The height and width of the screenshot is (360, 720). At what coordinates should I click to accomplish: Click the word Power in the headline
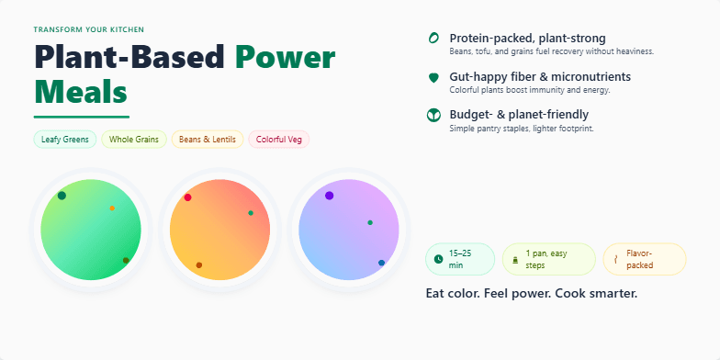coord(285,58)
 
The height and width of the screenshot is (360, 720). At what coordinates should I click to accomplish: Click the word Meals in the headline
coord(81,92)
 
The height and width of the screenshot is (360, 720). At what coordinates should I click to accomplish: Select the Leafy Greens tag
coord(65,140)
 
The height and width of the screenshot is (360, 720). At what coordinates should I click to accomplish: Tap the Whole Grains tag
coord(134,140)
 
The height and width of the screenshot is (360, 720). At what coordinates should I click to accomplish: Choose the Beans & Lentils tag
coord(208,140)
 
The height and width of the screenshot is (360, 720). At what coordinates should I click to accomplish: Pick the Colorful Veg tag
coord(279,140)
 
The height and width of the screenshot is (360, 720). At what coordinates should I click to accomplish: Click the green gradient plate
coord(91,229)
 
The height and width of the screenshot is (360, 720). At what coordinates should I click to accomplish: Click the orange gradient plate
coord(219,229)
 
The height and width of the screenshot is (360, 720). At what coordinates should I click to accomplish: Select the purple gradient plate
coord(349,229)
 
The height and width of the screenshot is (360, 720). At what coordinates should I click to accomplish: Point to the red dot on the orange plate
coord(187,197)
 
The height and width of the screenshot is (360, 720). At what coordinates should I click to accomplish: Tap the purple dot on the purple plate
coord(329,196)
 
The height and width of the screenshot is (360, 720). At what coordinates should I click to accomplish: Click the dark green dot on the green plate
coord(62,196)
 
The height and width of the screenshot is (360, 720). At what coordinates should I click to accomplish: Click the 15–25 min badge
coord(460,259)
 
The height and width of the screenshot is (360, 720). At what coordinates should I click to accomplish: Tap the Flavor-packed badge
coord(644,259)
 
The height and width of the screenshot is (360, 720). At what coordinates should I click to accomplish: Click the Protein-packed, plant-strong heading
coord(527,39)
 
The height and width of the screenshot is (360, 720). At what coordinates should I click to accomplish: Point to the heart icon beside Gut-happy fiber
coord(433,78)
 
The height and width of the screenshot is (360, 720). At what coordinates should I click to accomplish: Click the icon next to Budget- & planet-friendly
coord(433,116)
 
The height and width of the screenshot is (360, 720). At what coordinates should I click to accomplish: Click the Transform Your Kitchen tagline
coord(89,29)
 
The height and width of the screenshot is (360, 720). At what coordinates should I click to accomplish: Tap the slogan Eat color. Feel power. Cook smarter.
coord(532,294)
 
